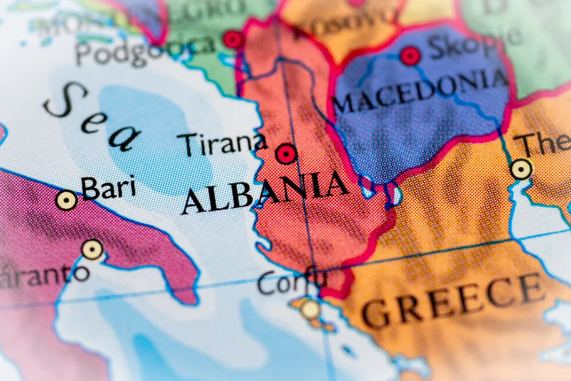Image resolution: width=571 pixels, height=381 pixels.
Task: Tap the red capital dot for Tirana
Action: [286, 154]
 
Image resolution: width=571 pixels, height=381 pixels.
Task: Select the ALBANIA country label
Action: [265, 192]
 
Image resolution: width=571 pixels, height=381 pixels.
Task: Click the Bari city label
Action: [108, 189]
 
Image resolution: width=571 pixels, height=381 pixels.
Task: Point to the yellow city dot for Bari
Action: [67, 200]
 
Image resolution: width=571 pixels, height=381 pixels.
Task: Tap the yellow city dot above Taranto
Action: [93, 249]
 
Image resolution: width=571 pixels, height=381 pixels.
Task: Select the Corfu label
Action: [291, 281]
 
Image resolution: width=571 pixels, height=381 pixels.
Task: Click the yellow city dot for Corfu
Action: [311, 309]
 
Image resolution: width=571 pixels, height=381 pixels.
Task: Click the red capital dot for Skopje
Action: [410, 56]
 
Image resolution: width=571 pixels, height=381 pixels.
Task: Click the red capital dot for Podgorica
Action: [234, 40]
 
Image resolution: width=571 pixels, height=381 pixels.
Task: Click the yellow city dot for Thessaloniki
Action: [521, 169]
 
